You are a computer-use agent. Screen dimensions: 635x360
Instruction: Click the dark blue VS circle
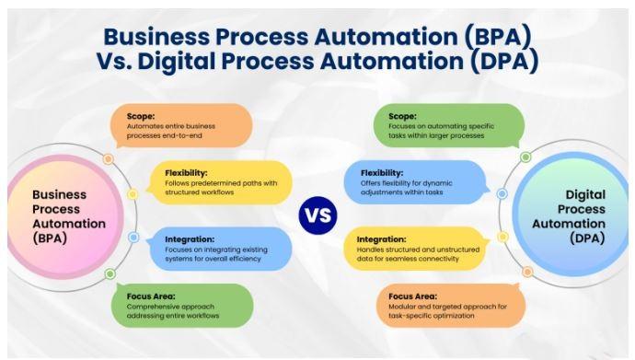click(x=317, y=215)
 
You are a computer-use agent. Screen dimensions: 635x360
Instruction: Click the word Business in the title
click(x=156, y=37)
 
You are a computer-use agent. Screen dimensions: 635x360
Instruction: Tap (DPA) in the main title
click(x=503, y=62)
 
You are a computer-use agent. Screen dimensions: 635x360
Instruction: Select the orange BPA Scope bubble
click(x=181, y=126)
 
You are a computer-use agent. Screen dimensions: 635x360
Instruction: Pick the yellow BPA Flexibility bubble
click(x=219, y=182)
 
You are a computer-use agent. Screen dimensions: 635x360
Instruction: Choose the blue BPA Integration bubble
click(x=219, y=249)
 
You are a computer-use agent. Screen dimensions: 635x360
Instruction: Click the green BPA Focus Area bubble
click(x=182, y=306)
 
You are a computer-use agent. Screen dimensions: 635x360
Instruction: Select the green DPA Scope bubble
click(x=449, y=126)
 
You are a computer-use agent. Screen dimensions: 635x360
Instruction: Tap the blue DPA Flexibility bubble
click(x=417, y=182)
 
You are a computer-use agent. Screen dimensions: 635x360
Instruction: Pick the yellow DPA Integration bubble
click(x=417, y=249)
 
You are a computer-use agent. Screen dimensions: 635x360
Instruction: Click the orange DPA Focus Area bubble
click(x=451, y=306)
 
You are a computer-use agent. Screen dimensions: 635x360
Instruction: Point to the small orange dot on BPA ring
click(x=108, y=159)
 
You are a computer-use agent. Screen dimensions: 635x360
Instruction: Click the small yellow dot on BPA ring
click(x=133, y=194)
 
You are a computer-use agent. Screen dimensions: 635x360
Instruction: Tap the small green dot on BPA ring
click(x=110, y=274)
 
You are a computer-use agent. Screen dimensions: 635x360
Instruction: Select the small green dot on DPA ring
click(x=525, y=157)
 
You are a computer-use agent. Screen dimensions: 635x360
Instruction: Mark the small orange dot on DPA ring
click(x=527, y=272)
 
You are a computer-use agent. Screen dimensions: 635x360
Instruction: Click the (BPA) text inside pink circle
click(x=50, y=238)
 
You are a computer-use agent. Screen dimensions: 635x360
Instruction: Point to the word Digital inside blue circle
click(x=585, y=195)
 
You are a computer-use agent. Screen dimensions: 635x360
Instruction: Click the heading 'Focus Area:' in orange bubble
click(x=412, y=296)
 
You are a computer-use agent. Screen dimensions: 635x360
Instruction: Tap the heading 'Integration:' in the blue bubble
click(x=190, y=239)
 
